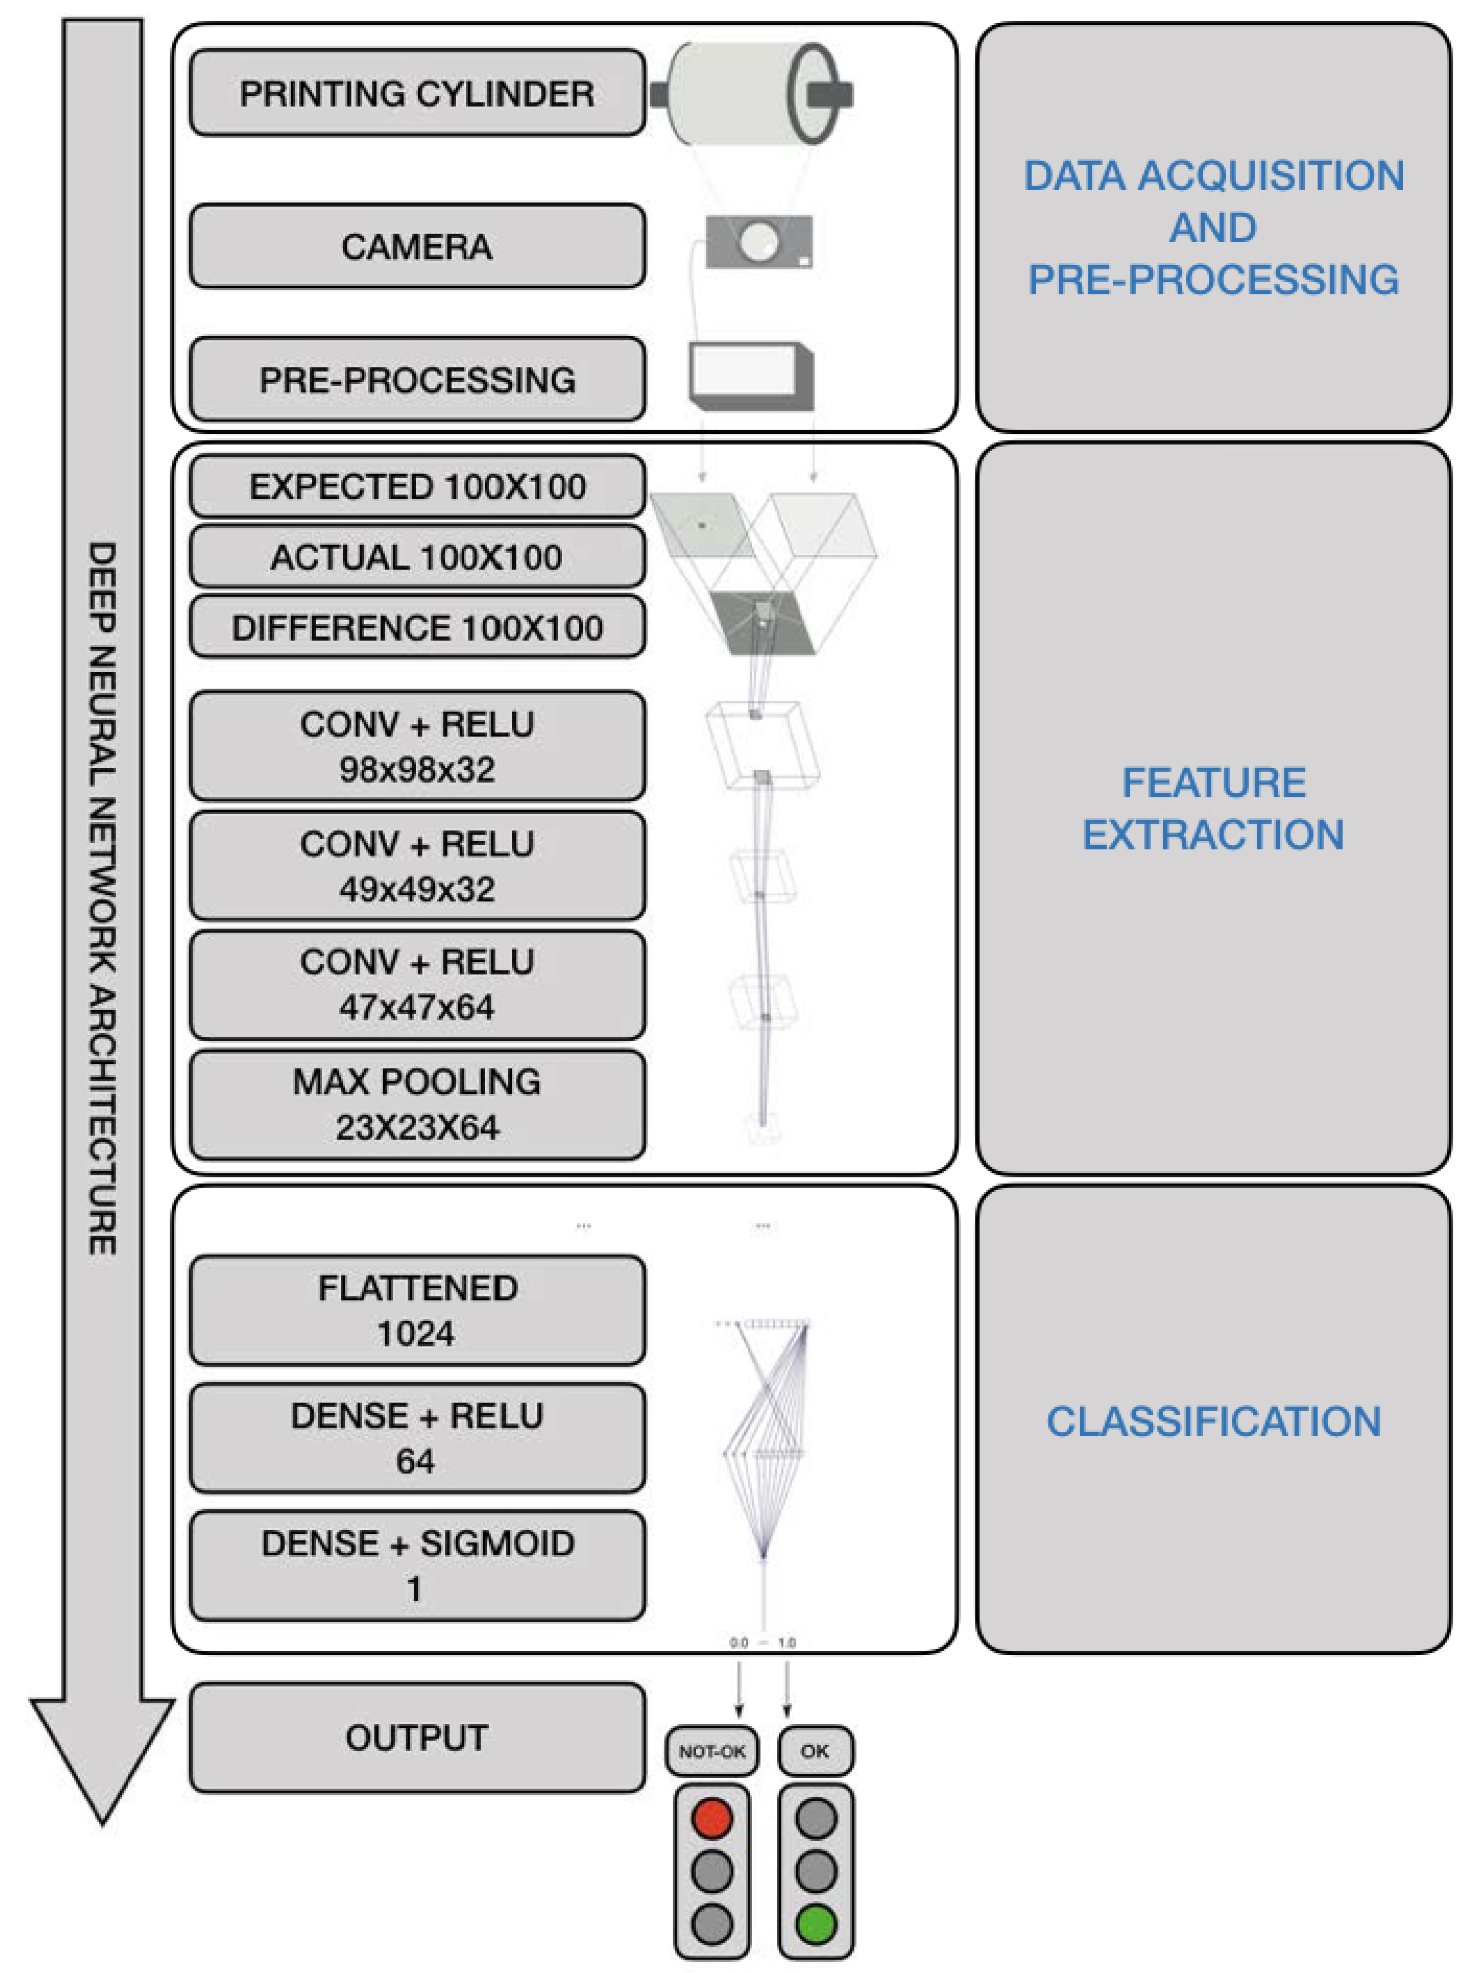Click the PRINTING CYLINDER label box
coord(417,93)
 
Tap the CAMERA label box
coord(417,246)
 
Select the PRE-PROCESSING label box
coord(417,379)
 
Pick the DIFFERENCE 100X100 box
coord(417,627)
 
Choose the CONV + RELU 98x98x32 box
coord(417,746)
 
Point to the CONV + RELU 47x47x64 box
coord(417,985)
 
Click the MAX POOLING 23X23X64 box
coord(417,1104)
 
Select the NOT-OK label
coord(712,1751)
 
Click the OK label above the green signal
coord(815,1751)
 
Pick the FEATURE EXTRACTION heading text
coord(1213,808)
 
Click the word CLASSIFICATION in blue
coord(1213,1422)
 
